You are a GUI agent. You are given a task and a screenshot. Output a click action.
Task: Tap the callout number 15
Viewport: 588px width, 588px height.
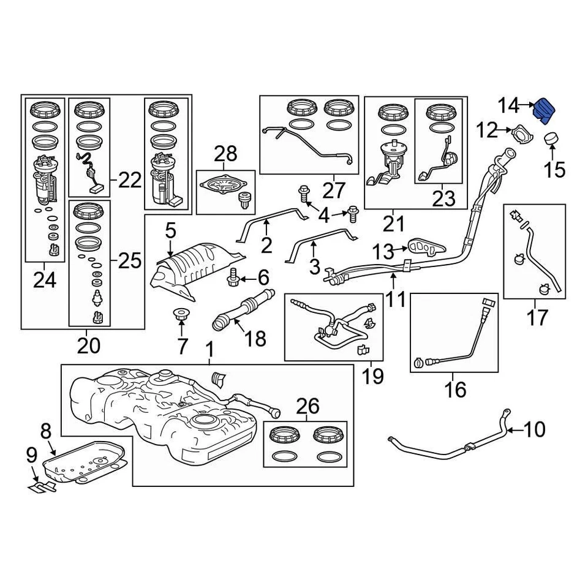coord(554,169)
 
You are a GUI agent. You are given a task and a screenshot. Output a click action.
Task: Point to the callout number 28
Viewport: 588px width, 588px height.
coord(225,154)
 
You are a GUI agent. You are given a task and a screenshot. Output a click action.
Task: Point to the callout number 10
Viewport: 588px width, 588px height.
coord(534,430)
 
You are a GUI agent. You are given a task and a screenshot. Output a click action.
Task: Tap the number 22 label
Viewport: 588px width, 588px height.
coord(129,180)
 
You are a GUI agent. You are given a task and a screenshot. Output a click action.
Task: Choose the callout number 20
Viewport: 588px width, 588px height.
coord(88,347)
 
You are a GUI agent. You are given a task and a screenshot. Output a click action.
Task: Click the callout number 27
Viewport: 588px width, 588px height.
coord(334,190)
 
